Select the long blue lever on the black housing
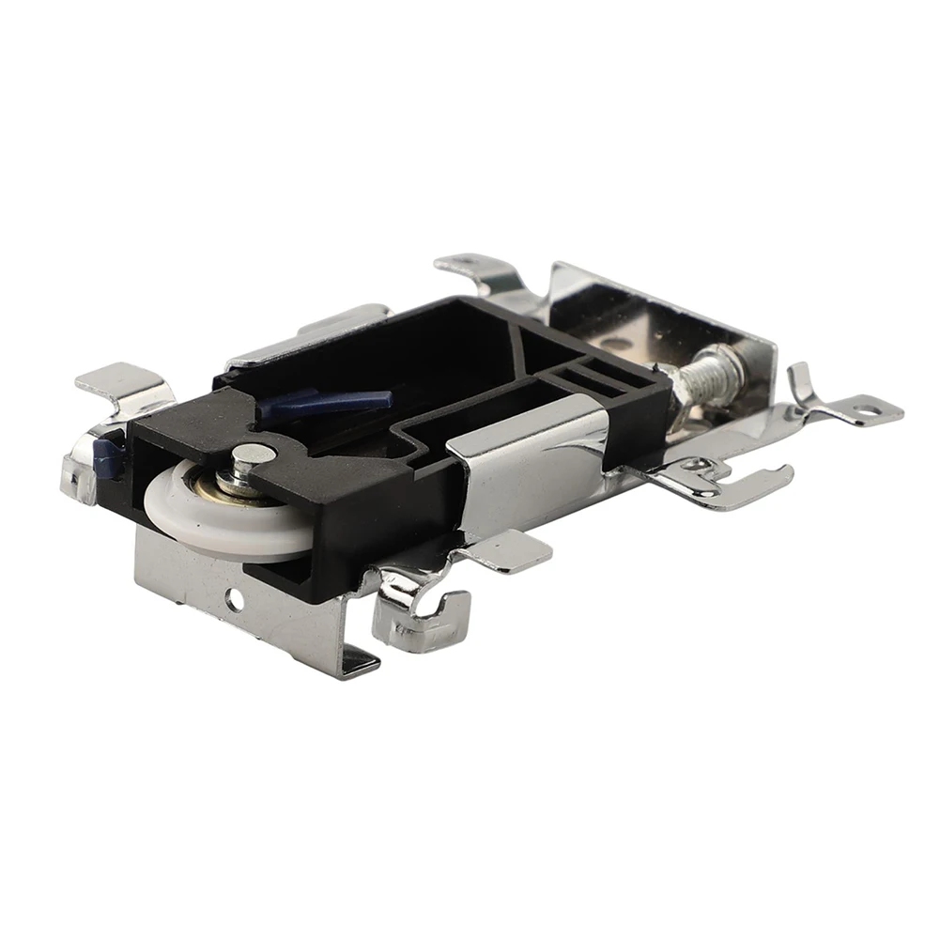pyautogui.click(x=324, y=402)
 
